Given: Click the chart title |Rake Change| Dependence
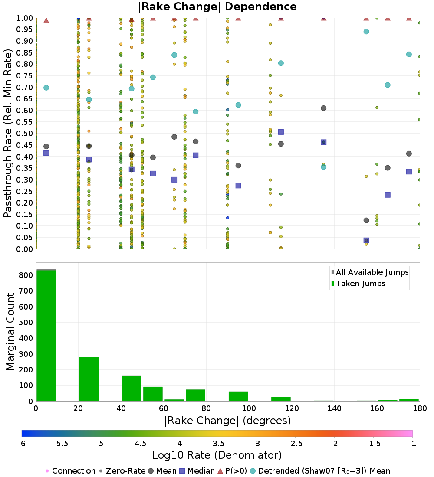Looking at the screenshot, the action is coord(217,7).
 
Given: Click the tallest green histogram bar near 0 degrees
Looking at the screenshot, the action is coord(46,336).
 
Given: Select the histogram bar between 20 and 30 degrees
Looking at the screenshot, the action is coord(89,379).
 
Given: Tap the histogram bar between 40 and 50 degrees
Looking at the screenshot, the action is coord(132,388).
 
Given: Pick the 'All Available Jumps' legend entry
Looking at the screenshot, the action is coord(370,272).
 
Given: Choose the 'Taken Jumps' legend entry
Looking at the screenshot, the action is coord(358,284).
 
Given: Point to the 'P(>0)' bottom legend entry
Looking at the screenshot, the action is coord(232,471).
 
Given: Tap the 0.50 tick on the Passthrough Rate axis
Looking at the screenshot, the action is coord(24,133).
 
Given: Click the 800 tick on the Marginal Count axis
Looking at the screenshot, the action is coord(26,275).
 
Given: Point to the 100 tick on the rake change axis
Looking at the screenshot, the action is coord(249,408).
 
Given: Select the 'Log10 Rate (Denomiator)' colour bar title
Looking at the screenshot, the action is coord(217,455).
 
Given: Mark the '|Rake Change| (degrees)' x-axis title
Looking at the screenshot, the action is coord(228,421).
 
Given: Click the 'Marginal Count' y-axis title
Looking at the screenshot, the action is coord(10,332).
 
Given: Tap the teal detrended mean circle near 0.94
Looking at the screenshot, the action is coord(366,32).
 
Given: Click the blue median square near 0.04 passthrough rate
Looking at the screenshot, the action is coord(366,240).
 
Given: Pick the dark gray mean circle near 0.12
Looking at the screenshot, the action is coord(366,220).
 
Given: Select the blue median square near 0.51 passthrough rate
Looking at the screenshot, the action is coord(281,132).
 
